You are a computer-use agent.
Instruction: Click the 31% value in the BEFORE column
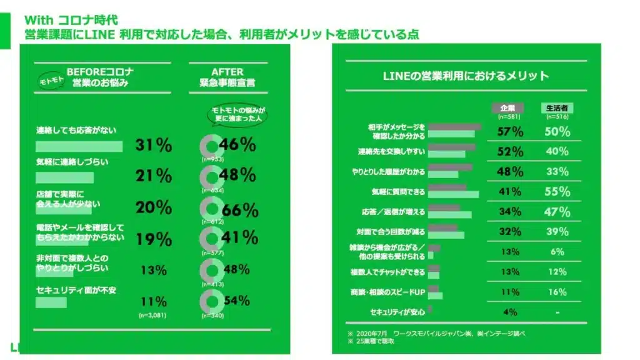(153, 145)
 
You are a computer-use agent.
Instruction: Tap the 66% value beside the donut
(239, 210)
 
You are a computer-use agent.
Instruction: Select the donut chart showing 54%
(211, 301)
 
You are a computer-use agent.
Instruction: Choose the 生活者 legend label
(556, 107)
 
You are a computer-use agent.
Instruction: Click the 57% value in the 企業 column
(510, 132)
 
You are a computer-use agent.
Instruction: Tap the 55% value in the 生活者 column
(556, 191)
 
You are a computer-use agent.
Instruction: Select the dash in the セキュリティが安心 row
(556, 312)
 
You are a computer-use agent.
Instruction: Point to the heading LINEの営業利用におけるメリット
(466, 76)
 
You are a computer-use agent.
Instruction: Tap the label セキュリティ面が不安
(76, 291)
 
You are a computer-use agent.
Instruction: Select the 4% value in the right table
(510, 312)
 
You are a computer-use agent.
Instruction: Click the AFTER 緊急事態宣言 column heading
(227, 77)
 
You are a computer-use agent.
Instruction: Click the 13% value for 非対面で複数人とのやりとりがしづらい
(153, 270)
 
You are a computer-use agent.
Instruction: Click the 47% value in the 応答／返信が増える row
(556, 211)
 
